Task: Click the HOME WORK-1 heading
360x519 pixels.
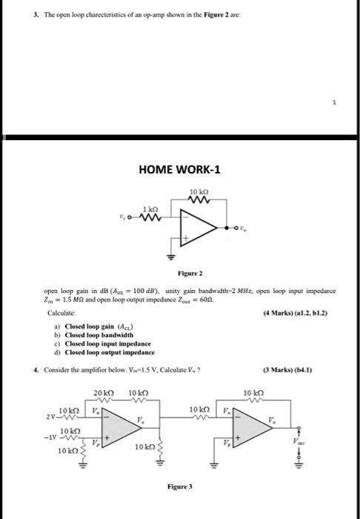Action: click(x=180, y=170)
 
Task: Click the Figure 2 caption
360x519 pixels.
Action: click(x=179, y=274)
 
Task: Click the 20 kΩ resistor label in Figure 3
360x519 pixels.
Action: click(x=102, y=392)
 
